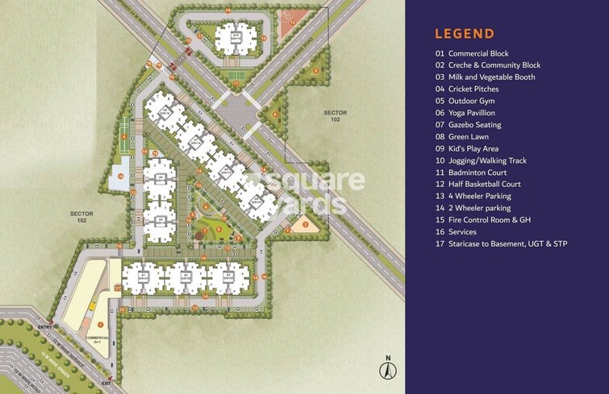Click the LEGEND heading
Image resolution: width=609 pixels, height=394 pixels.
[x=464, y=33]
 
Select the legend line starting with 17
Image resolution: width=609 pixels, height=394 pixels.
[x=500, y=243]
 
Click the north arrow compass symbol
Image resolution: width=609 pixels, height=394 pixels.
[x=387, y=370]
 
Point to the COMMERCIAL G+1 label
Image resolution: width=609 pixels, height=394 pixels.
[x=97, y=338]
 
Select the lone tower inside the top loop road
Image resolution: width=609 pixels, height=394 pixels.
[x=236, y=37]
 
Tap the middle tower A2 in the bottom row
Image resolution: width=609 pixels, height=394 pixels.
[x=185, y=277]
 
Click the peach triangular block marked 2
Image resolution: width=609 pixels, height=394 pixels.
[x=305, y=222]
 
